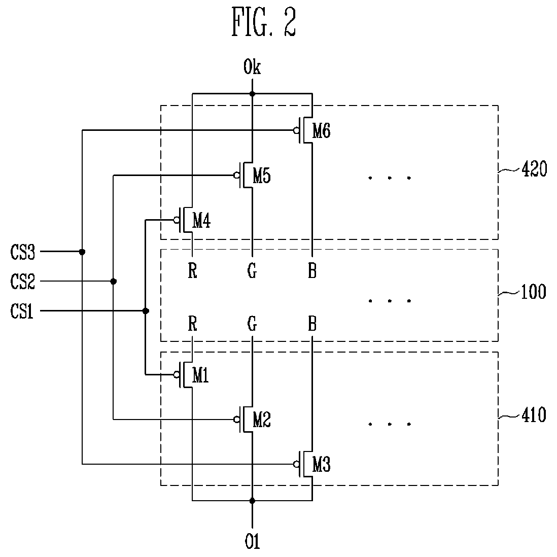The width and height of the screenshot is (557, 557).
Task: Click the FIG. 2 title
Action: pos(264,22)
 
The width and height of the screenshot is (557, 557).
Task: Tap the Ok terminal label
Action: pos(252,67)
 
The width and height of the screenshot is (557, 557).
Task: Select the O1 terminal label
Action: pos(252,541)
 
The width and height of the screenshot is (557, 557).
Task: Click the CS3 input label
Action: pos(23,252)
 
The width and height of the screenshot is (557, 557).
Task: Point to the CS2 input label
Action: pos(23,282)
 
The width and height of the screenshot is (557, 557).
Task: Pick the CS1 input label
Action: pos(22,311)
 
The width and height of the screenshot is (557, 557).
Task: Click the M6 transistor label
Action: pos(321,131)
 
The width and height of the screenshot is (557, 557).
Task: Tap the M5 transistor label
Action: pos(261,176)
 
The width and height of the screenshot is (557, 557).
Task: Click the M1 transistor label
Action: pos(200,375)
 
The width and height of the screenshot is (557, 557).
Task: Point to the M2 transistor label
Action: pos(261,420)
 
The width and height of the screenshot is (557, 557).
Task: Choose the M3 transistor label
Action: pos(321,465)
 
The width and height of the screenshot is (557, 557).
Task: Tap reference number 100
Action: pos(533,292)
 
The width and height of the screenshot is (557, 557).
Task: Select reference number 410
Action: pos(534,415)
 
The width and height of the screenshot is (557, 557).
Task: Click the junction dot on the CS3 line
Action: pos(82,252)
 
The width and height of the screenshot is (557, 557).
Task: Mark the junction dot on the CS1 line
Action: pos(145,311)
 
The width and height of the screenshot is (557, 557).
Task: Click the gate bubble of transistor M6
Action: pos(296,130)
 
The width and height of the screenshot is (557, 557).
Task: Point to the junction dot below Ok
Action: pos(252,94)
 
